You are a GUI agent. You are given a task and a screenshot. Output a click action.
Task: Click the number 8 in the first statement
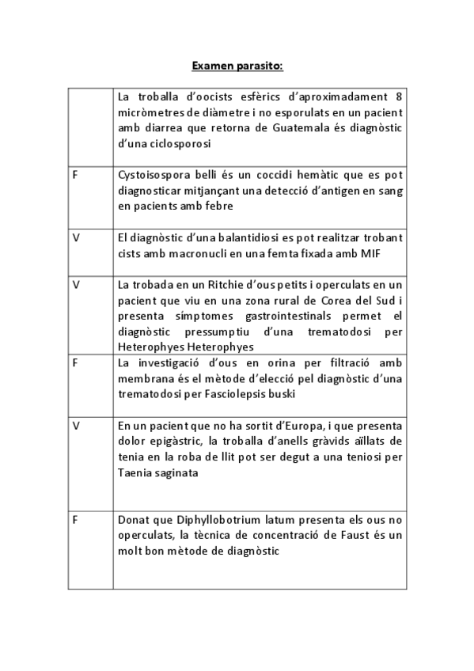pyautogui.click(x=400, y=97)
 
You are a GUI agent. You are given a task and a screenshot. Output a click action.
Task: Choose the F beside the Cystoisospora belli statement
pyautogui.click(x=74, y=173)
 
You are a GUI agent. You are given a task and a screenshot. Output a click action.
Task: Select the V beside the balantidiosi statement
pyautogui.click(x=75, y=237)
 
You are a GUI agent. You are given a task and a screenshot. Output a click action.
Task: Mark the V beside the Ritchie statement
pyautogui.click(x=75, y=283)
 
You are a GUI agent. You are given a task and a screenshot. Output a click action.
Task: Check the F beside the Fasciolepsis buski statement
pyautogui.click(x=74, y=362)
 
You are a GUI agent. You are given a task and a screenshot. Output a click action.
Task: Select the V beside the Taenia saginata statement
pyautogui.click(x=75, y=425)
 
